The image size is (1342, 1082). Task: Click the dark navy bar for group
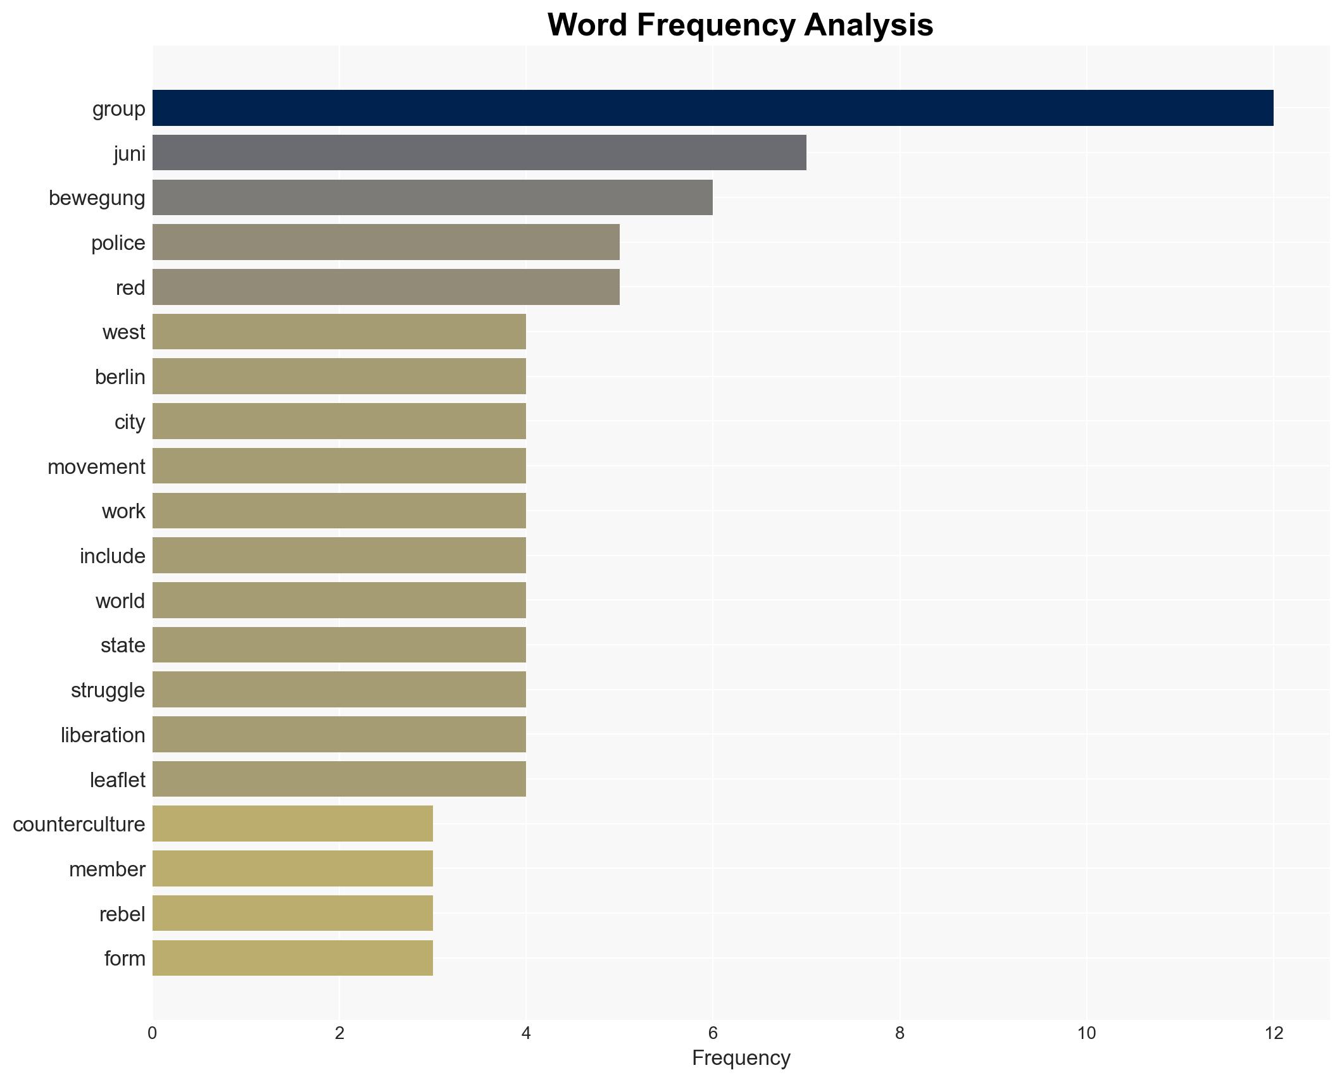pyautogui.click(x=712, y=108)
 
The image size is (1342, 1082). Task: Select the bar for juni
pyautogui.click(x=479, y=153)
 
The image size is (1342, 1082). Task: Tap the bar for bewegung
pyautogui.click(x=432, y=197)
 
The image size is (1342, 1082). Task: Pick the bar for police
pyautogui.click(x=386, y=242)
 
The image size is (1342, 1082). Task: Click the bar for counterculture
pyautogui.click(x=292, y=824)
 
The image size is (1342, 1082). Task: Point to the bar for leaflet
pyautogui.click(x=339, y=779)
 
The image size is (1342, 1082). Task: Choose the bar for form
pyautogui.click(x=292, y=958)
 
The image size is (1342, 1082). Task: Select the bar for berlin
pyautogui.click(x=339, y=376)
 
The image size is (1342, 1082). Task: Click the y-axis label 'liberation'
pyautogui.click(x=103, y=735)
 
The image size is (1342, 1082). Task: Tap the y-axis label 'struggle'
pyautogui.click(x=108, y=690)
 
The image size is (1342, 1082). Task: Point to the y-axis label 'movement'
pyautogui.click(x=96, y=466)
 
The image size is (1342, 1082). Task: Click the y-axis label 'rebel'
pyautogui.click(x=122, y=914)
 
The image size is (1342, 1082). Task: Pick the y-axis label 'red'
pyautogui.click(x=130, y=287)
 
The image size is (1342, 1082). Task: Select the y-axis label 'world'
pyautogui.click(x=120, y=600)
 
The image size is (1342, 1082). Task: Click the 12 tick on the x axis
pyautogui.click(x=1273, y=1033)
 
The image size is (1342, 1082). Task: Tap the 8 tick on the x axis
pyautogui.click(x=900, y=1033)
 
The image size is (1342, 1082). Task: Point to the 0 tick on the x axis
pyautogui.click(x=153, y=1033)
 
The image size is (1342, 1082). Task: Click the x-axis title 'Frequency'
pyautogui.click(x=741, y=1058)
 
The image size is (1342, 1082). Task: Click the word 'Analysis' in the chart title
pyautogui.click(x=869, y=25)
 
